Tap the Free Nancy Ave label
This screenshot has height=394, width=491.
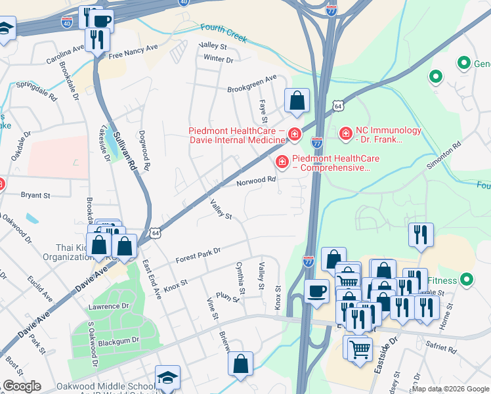(x=134, y=52)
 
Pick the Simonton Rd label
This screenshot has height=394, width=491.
(x=439, y=159)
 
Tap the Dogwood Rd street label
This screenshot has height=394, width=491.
(x=144, y=150)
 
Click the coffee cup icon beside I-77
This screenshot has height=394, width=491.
(x=317, y=290)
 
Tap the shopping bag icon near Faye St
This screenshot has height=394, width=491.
(x=297, y=100)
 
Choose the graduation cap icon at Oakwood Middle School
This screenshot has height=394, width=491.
(x=167, y=376)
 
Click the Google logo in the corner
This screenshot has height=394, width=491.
(x=21, y=386)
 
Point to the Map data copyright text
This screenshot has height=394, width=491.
(x=450, y=389)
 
